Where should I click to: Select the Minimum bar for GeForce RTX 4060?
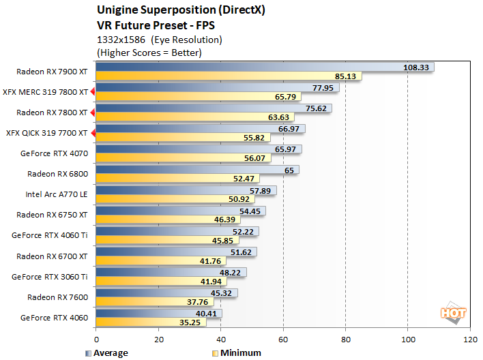pyautogui.click(x=150, y=322)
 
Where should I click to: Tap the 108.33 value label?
pyautogui.click(x=416, y=67)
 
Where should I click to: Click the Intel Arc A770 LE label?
pyautogui.click(x=57, y=194)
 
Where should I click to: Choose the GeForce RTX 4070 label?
pyautogui.click(x=54, y=153)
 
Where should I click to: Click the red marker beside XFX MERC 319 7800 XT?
pyautogui.click(x=93, y=91)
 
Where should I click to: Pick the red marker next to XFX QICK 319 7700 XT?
pyautogui.click(x=93, y=132)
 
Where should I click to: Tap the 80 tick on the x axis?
pyautogui.click(x=346, y=339)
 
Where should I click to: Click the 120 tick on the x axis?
pyautogui.click(x=470, y=339)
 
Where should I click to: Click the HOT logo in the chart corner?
pyautogui.click(x=453, y=313)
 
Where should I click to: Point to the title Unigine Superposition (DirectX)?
pyautogui.click(x=175, y=10)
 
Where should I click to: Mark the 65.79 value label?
pyautogui.click(x=285, y=97)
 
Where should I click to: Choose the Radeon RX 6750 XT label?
pyautogui.click(x=52, y=214)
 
